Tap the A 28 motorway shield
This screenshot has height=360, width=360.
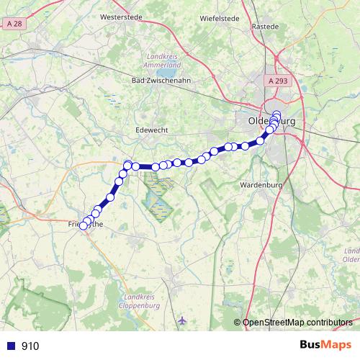pyautogui.click(x=12, y=24)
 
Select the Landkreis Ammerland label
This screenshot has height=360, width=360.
pyautogui.click(x=165, y=59)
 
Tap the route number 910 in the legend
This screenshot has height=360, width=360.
pyautogui.click(x=30, y=346)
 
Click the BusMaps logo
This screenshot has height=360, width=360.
pyautogui.click(x=325, y=345)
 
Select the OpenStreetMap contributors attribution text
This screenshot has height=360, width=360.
pyautogui.click(x=297, y=322)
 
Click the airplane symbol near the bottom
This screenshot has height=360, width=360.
pyautogui.click(x=181, y=319)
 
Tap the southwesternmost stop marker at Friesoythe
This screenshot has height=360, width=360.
pyautogui.click(x=83, y=225)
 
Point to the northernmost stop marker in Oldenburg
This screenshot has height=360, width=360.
pyautogui.click(x=276, y=114)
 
